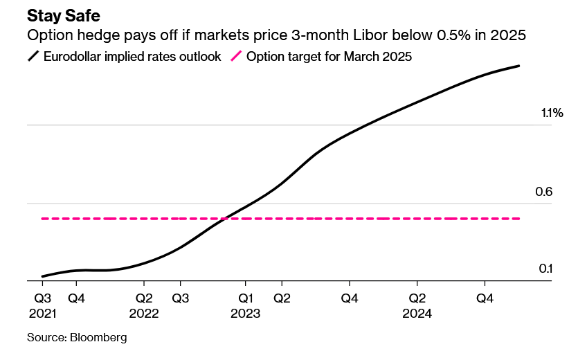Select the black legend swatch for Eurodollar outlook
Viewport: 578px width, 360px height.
(x=33, y=57)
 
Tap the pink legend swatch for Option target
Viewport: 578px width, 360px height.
(x=235, y=57)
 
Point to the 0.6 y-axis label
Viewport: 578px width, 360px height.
(x=543, y=191)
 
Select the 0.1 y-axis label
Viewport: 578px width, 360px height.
(x=545, y=269)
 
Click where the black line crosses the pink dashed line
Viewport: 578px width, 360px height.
(x=226, y=219)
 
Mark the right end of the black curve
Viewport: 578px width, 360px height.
(x=519, y=66)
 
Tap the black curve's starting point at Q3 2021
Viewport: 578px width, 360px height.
(x=43, y=276)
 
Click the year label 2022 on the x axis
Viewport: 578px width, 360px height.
(x=143, y=313)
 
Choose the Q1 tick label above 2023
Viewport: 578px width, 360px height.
(x=245, y=298)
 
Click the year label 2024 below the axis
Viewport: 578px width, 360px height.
(x=417, y=313)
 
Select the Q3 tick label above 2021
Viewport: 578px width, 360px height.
(x=42, y=298)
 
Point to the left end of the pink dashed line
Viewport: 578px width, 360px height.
(x=43, y=219)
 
